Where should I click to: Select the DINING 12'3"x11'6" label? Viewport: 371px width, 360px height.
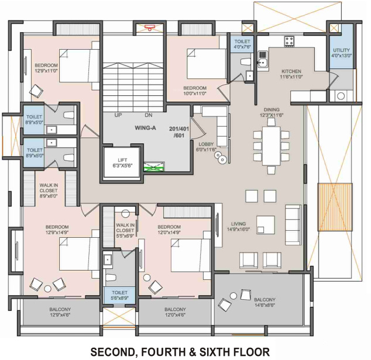tap(271, 112)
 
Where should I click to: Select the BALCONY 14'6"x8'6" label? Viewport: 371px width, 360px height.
tap(264, 302)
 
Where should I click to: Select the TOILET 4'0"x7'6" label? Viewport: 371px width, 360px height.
tap(242, 45)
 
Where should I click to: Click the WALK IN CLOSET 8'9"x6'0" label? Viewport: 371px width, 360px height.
tap(49, 190)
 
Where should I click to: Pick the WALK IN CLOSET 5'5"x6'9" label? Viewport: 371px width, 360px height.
tap(125, 230)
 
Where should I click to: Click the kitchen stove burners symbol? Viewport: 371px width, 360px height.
tap(288, 41)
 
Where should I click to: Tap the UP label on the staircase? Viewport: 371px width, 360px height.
tap(118, 115)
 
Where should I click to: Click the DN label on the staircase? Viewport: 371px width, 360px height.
tap(149, 115)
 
